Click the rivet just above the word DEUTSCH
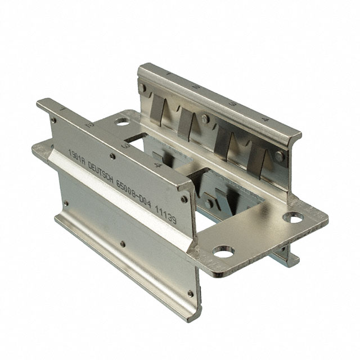(113, 156)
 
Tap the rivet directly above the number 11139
(183, 199)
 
